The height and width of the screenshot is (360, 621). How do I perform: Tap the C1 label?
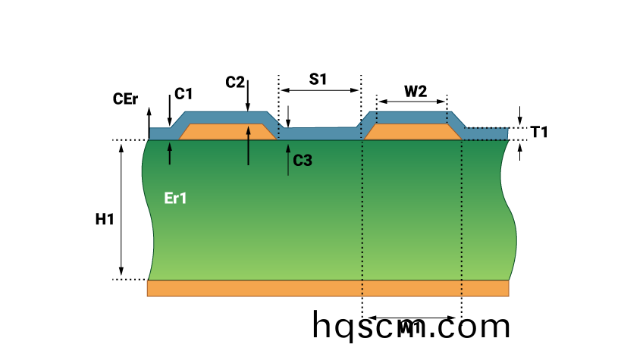click(183, 94)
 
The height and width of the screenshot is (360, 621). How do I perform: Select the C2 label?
click(235, 81)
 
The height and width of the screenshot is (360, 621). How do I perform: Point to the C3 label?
click(303, 160)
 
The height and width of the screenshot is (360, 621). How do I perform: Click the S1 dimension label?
click(318, 78)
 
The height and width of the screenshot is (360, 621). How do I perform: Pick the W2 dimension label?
click(415, 91)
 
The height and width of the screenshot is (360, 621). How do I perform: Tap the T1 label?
click(539, 132)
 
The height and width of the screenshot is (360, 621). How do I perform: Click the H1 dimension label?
click(105, 220)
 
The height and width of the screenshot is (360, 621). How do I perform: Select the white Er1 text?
click(176, 199)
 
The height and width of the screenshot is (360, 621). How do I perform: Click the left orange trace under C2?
click(227, 133)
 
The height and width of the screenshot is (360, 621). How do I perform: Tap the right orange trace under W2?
click(413, 133)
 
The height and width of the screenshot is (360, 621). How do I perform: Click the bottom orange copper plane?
click(328, 288)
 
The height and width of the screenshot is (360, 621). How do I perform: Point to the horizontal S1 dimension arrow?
click(319, 90)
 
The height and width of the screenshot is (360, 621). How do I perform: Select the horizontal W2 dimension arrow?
click(412, 102)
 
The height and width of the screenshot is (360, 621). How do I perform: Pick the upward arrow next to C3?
click(288, 161)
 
